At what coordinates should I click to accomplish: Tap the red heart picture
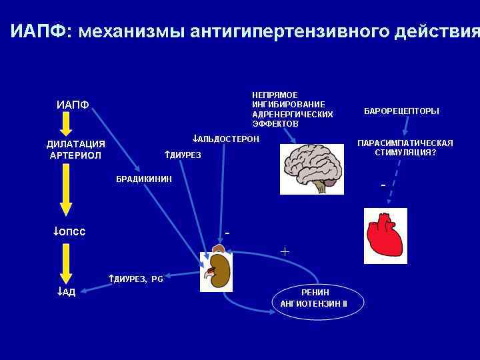point(385,236)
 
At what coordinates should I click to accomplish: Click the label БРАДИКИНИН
point(144,179)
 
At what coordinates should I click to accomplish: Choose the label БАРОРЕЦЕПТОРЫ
point(401,111)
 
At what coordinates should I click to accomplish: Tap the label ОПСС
point(69,231)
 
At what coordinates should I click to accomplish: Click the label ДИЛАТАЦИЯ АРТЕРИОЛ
point(75,150)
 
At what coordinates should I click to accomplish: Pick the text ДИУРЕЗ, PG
point(135,279)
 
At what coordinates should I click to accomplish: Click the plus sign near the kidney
point(285,252)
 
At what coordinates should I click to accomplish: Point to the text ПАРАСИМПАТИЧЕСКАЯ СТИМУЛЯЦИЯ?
point(405,147)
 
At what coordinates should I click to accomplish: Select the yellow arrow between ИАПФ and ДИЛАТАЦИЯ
point(65,125)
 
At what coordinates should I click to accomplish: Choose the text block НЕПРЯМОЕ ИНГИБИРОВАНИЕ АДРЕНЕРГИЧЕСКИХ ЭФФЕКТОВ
point(292,109)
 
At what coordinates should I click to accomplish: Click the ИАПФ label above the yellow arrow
point(73,104)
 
